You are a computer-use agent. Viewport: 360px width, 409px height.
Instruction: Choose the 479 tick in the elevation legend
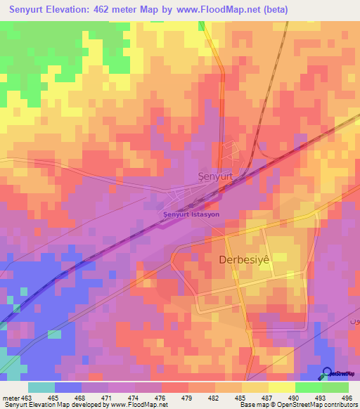tap(188, 397)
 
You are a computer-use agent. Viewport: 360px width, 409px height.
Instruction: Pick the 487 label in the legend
tap(268, 397)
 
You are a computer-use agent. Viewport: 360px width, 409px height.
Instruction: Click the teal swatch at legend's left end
tap(41, 387)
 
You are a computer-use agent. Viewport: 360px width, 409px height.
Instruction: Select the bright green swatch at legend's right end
tap(335, 387)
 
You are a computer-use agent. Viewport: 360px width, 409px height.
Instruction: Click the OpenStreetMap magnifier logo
tap(328, 373)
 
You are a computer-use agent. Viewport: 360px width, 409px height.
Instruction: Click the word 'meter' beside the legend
tap(10, 397)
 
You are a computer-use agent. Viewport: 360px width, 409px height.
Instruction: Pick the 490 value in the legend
tap(295, 397)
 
